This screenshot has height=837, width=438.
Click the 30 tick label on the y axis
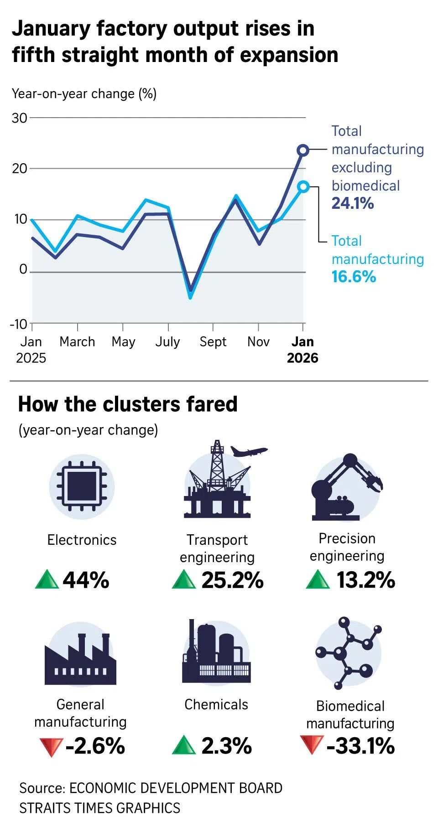tap(20, 118)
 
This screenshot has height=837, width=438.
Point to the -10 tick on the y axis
tap(19, 324)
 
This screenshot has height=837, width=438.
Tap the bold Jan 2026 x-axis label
tap(302, 349)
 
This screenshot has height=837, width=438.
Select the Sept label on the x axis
tap(213, 342)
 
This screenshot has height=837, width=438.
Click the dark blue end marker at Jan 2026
tap(303, 150)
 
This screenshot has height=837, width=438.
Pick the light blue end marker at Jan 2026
tap(303, 186)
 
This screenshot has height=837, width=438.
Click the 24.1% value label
tap(353, 203)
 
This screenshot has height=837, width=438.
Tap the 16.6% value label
tap(354, 277)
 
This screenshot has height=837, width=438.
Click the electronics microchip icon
tap(82, 486)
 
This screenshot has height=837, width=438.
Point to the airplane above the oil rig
tap(249, 451)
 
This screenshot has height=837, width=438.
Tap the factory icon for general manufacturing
tap(81, 658)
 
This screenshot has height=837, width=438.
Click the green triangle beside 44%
tap(47, 580)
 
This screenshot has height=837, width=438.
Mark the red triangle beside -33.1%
tap(312, 744)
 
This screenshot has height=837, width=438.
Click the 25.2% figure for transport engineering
tap(232, 580)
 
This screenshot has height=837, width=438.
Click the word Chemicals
tap(216, 704)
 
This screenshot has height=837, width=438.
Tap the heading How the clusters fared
tap(128, 404)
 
